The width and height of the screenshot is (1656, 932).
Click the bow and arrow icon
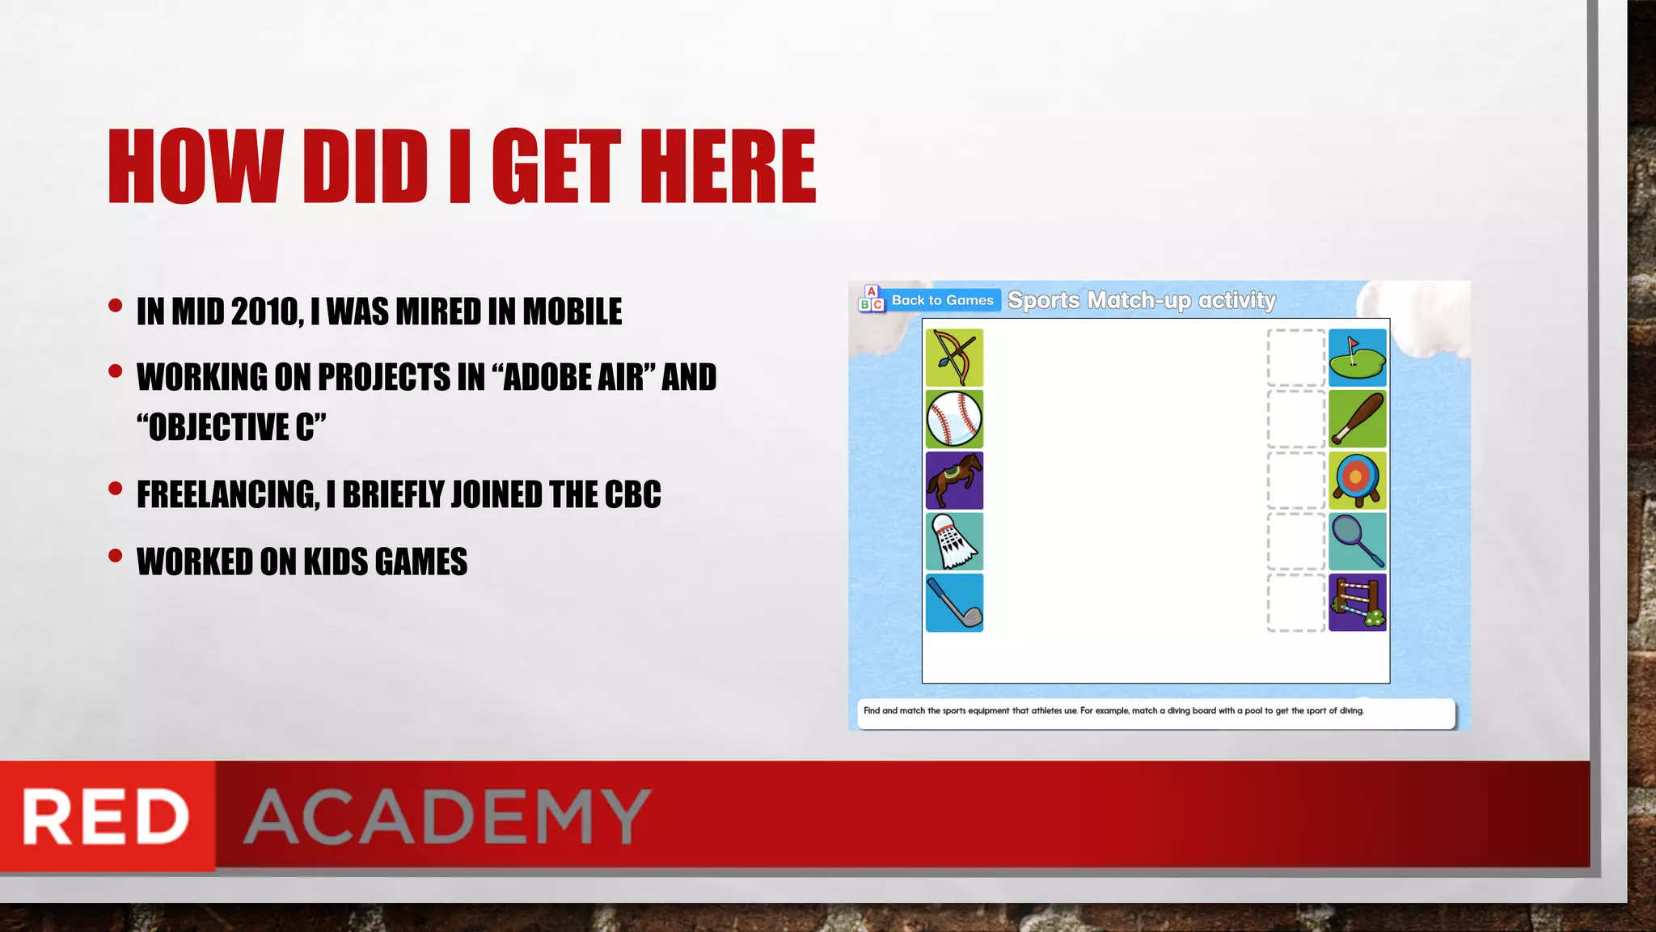(954, 358)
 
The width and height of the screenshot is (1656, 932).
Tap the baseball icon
(954, 419)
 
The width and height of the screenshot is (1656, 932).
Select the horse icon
(954, 481)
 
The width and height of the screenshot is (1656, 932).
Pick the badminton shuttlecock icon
(954, 542)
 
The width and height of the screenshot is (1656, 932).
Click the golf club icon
(954, 603)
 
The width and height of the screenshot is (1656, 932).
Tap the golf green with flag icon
(1357, 358)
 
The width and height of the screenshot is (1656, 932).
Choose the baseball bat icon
(1357, 419)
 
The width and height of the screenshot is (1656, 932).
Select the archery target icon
(1357, 481)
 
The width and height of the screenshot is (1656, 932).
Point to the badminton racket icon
(1357, 542)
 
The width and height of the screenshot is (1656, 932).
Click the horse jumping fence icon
(1357, 603)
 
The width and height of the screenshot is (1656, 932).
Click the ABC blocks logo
(871, 299)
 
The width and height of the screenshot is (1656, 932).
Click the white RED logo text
(106, 816)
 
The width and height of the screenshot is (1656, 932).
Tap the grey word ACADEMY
(447, 816)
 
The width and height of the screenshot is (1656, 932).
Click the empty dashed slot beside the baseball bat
(1295, 419)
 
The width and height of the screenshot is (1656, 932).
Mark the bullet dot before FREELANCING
(116, 489)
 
